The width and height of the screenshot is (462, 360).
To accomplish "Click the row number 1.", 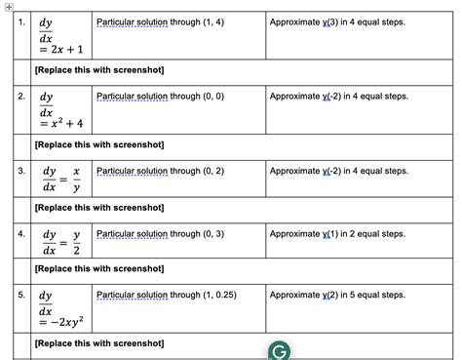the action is pyautogui.click(x=20, y=20).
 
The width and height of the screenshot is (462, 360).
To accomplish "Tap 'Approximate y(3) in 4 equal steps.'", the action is pyautogui.click(x=337, y=20).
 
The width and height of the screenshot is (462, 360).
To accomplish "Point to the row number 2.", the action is pyautogui.click(x=20, y=97).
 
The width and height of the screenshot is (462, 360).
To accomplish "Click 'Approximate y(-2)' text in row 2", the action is pyautogui.click(x=338, y=97).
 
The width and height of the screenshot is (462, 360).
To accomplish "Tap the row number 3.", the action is pyautogui.click(x=20, y=172).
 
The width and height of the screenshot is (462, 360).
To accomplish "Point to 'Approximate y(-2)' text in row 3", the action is pyautogui.click(x=338, y=171).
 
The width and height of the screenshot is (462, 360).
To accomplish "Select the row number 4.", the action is pyautogui.click(x=20, y=234).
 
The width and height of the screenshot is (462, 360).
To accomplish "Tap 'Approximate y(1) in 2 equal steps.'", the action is pyautogui.click(x=337, y=234).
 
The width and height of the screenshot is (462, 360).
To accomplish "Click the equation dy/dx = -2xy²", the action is pyautogui.click(x=63, y=309).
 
